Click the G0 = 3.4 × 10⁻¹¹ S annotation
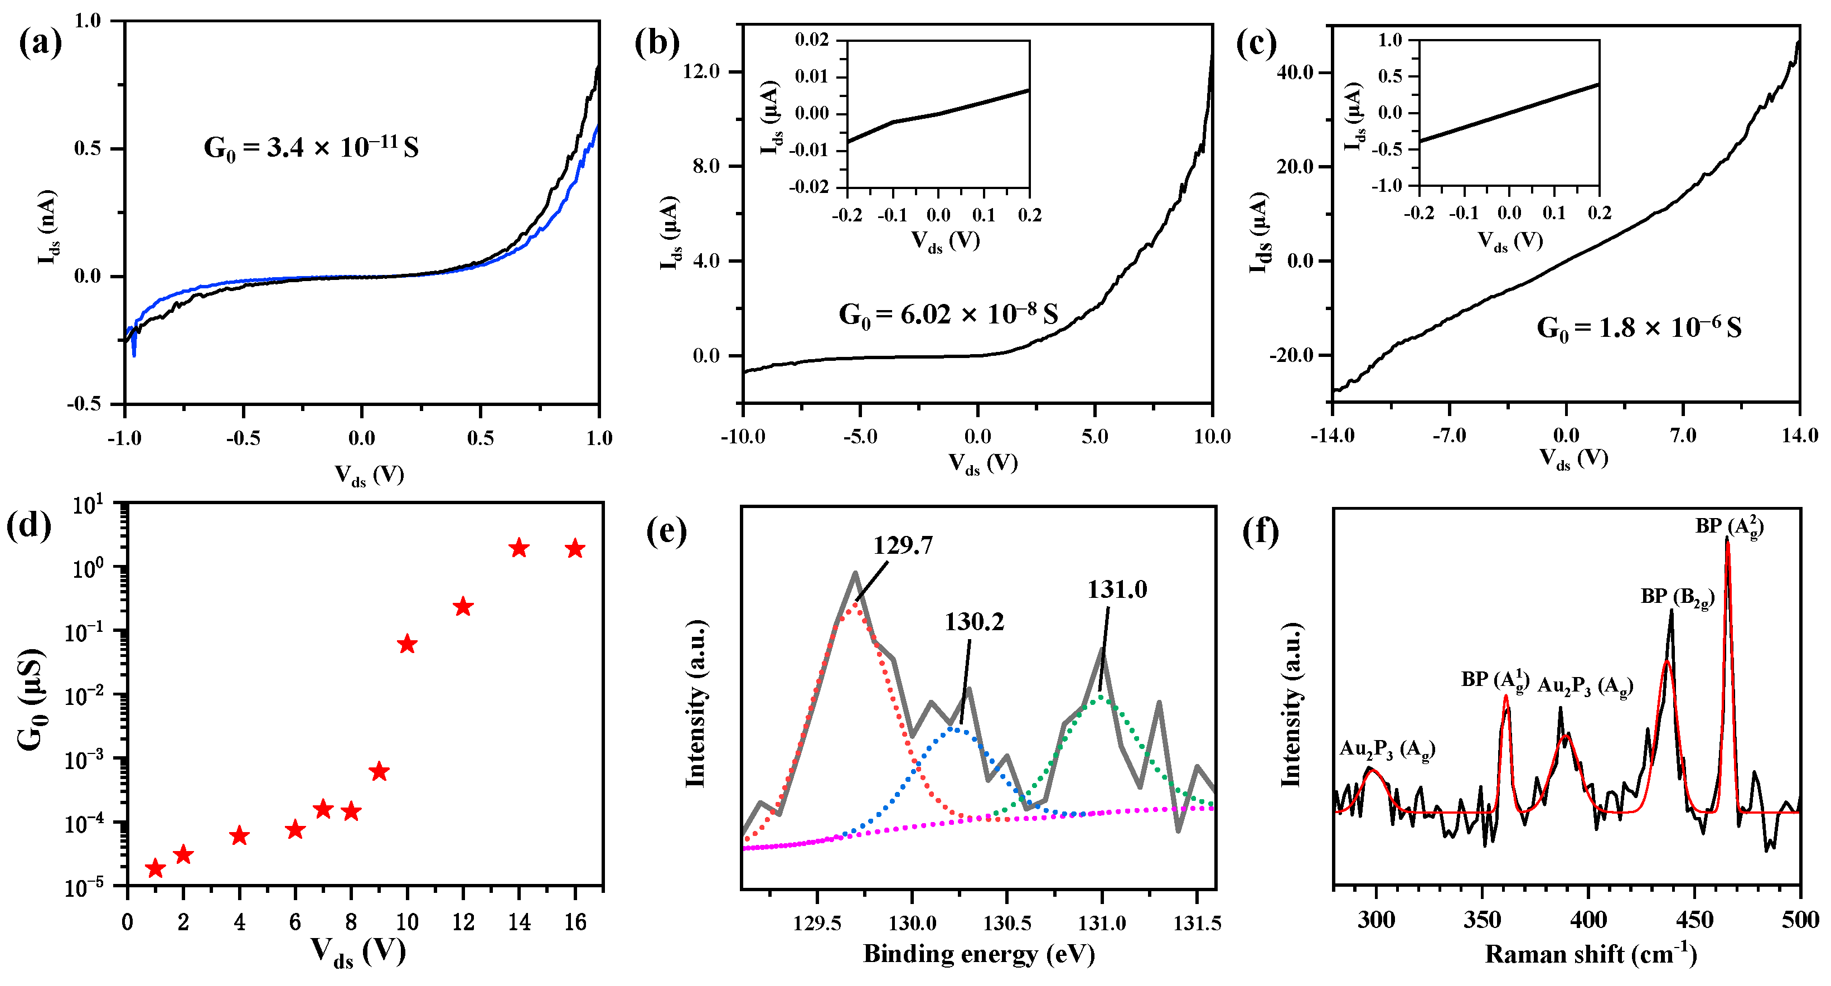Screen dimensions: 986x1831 tap(311, 148)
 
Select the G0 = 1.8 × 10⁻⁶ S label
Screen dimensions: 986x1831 tap(1639, 328)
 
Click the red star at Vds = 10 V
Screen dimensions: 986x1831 tap(406, 645)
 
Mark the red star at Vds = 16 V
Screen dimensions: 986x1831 tap(575, 549)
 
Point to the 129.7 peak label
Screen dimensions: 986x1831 tap(903, 545)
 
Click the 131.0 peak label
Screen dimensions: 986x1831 tap(1117, 589)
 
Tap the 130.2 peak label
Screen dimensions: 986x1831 tap(974, 622)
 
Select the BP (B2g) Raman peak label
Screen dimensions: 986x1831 tap(1677, 597)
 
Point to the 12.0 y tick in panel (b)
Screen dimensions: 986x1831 tap(701, 71)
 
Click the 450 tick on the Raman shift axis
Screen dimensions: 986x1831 tap(1694, 921)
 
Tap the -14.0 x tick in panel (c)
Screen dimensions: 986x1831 tap(1333, 435)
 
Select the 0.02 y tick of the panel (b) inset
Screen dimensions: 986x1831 tap(812, 40)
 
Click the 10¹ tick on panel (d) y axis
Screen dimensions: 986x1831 tap(88, 505)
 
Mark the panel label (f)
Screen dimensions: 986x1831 tap(1260, 531)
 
